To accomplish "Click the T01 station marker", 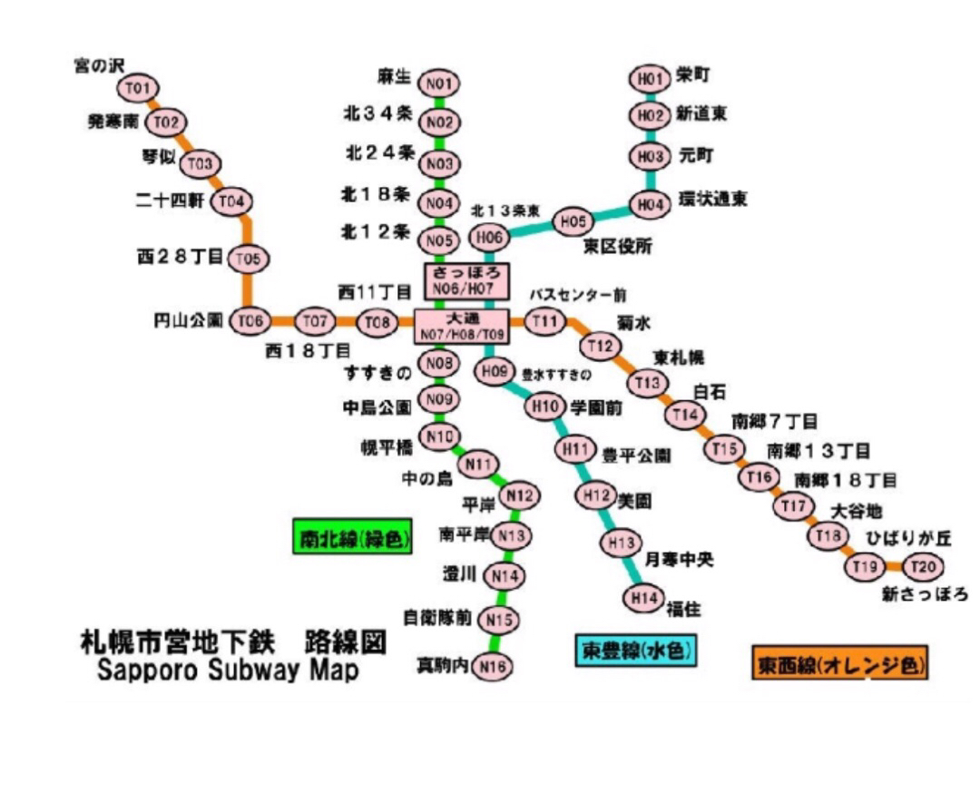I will [138, 88].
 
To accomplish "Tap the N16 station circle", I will [493, 668].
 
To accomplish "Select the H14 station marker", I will [643, 598].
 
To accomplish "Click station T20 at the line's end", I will [922, 567].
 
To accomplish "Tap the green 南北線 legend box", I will [352, 536].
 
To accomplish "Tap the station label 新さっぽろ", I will [925, 595].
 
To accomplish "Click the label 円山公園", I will [189, 320].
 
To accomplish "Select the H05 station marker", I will [573, 220].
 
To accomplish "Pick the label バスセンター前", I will [578, 295].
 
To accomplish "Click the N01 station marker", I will [439, 84].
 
